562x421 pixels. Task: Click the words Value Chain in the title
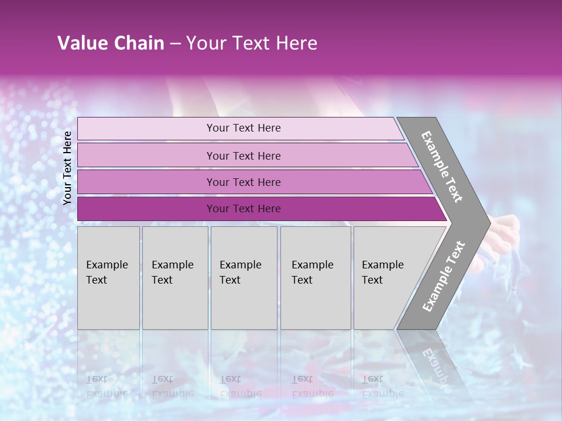(x=111, y=43)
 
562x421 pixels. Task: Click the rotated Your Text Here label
(x=67, y=168)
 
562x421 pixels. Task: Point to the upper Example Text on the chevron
(x=442, y=167)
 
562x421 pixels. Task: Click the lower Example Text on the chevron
(x=443, y=277)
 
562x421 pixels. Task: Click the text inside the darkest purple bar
(x=244, y=209)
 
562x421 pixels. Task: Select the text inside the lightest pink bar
(x=244, y=128)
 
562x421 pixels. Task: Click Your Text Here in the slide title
(x=252, y=43)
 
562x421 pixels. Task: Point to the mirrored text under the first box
(x=107, y=387)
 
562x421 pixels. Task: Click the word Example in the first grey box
(x=107, y=265)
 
